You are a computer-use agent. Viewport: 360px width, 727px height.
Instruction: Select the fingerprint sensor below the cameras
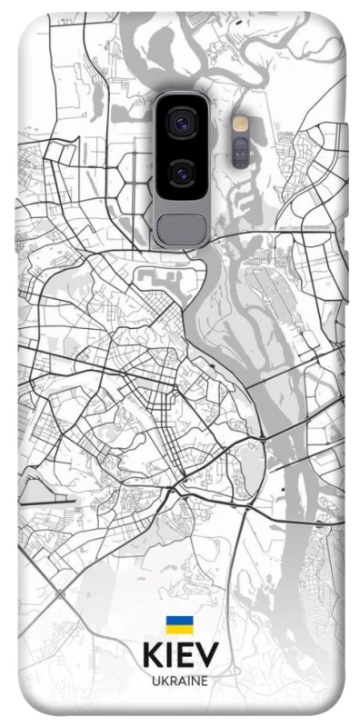[182, 227]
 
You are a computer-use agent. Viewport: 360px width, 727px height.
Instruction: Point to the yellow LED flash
[240, 123]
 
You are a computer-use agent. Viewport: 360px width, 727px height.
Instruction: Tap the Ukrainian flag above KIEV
[179, 625]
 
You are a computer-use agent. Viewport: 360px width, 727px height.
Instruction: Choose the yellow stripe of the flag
[179, 629]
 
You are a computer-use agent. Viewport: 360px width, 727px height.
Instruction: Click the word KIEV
[180, 656]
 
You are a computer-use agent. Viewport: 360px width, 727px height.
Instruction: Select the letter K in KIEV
[152, 656]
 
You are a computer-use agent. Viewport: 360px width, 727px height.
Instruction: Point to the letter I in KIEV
[170, 656]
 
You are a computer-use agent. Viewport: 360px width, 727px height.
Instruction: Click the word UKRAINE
[180, 681]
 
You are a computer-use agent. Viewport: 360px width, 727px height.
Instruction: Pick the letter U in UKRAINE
[155, 681]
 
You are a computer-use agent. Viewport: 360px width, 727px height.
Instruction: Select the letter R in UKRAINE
[172, 681]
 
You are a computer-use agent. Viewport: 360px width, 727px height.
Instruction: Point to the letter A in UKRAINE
[180, 681]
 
